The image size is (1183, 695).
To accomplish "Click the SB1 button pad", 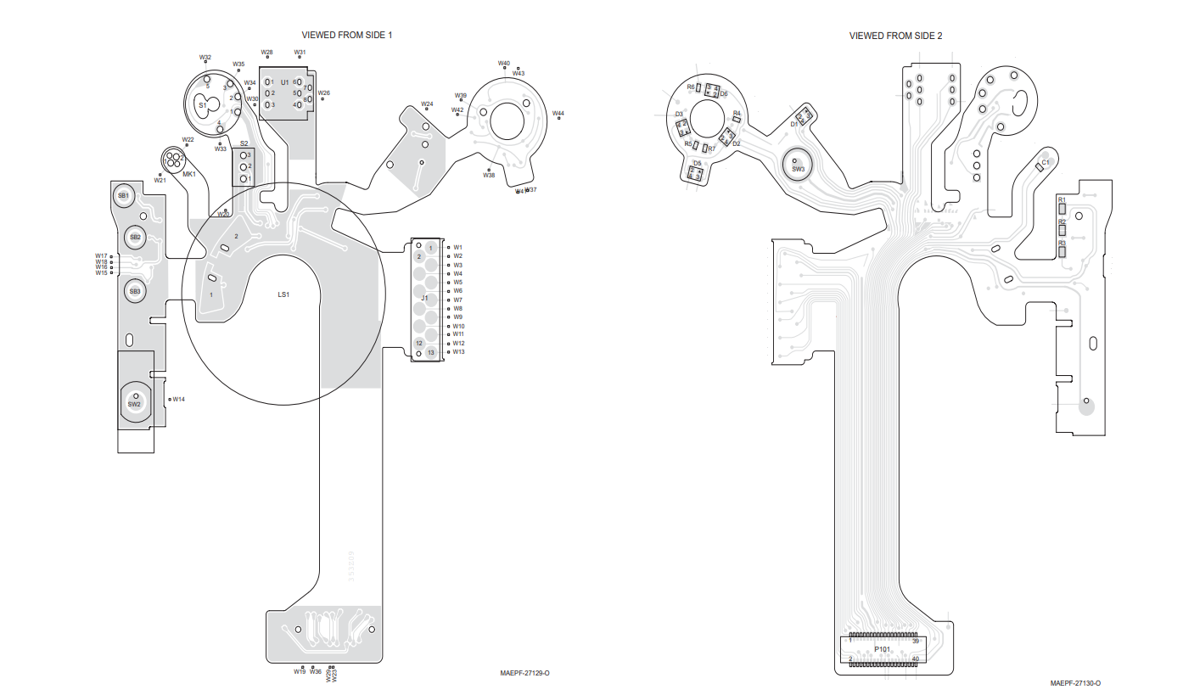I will [x=123, y=195].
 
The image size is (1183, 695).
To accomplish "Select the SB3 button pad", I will [x=134, y=291].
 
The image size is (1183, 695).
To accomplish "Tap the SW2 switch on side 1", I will [x=135, y=400].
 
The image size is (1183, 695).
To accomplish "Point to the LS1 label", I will [x=283, y=294].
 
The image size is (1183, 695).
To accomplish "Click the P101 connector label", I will [x=883, y=649].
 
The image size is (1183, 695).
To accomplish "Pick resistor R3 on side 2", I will [x=1062, y=249].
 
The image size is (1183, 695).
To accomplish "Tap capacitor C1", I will [x=1041, y=166].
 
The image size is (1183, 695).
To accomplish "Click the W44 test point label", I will [x=558, y=113].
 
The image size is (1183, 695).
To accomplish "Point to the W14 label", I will [x=179, y=399].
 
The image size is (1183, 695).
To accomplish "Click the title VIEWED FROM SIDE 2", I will [x=895, y=36].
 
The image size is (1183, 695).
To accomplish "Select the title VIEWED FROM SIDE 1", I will [x=347, y=35].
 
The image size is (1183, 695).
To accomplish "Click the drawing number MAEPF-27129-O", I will [x=524, y=673].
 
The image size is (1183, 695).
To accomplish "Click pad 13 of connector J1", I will [x=430, y=352].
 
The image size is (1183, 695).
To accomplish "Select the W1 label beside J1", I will [x=457, y=247].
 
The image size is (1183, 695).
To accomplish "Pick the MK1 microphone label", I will [x=188, y=174].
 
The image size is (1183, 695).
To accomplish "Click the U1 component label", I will [x=284, y=82].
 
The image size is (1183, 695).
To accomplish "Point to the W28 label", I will [x=266, y=53].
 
